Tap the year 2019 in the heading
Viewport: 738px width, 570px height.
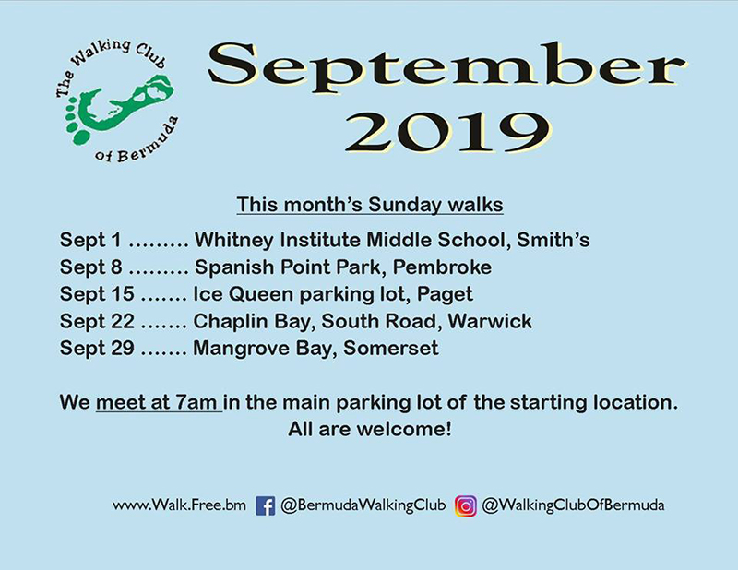pyautogui.click(x=447, y=132)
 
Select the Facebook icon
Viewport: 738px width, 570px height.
pyautogui.click(x=265, y=506)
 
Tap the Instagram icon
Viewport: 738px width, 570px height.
pyautogui.click(x=466, y=506)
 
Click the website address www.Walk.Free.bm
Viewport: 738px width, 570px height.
pyautogui.click(x=179, y=505)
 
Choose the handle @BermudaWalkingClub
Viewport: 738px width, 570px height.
pyautogui.click(x=363, y=506)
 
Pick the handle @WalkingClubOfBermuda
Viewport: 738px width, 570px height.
pyautogui.click(x=573, y=506)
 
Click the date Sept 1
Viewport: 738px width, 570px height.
pyautogui.click(x=90, y=241)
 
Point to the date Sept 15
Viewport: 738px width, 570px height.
pyautogui.click(x=97, y=294)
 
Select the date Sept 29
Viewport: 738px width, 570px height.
pyautogui.click(x=97, y=349)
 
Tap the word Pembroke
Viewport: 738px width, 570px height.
pyautogui.click(x=443, y=267)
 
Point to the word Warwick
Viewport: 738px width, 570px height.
pyautogui.click(x=490, y=322)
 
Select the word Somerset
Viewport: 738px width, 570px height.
pyautogui.click(x=391, y=349)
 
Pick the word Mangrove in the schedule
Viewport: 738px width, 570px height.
pyautogui.click(x=241, y=350)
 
